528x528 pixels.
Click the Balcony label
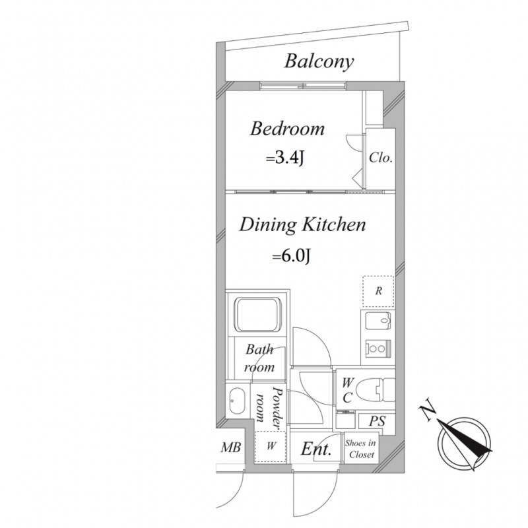[319, 62]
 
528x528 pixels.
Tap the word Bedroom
[287, 128]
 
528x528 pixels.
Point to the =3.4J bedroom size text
[285, 158]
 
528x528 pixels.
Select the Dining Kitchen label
[302, 224]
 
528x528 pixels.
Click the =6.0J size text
[291, 257]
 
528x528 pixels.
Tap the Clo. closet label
[381, 158]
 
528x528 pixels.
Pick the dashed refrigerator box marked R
[378, 291]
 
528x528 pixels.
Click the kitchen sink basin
[378, 320]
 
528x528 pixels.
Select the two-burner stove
[378, 348]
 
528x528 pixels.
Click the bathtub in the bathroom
[258, 314]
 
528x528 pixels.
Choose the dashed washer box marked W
[271, 447]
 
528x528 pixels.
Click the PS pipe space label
[377, 421]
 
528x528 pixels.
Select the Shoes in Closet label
[360, 449]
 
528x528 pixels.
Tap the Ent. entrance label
[316, 449]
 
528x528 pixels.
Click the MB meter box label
[231, 447]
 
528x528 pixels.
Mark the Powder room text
[269, 408]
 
